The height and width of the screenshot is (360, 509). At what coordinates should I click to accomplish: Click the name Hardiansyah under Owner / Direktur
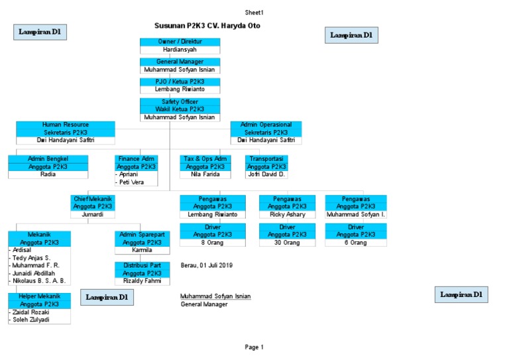point(180,49)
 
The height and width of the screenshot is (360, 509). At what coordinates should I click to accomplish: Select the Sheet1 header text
point(254,13)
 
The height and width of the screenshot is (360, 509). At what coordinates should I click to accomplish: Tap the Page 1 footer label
point(254,347)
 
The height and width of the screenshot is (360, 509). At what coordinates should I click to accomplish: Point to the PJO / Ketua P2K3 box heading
point(180,82)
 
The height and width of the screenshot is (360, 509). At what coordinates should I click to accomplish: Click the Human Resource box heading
point(66,125)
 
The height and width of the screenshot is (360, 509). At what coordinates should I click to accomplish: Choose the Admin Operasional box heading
point(266,125)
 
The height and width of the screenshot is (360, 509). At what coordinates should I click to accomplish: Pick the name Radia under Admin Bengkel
point(48,174)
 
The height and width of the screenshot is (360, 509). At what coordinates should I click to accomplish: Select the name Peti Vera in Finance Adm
point(133,182)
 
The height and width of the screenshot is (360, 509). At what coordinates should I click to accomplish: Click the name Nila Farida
point(205,174)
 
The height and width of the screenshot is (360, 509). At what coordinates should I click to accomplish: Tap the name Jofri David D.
point(266,174)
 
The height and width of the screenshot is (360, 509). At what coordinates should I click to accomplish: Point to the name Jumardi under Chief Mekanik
point(93,215)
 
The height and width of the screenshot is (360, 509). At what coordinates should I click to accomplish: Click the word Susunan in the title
point(168,25)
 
